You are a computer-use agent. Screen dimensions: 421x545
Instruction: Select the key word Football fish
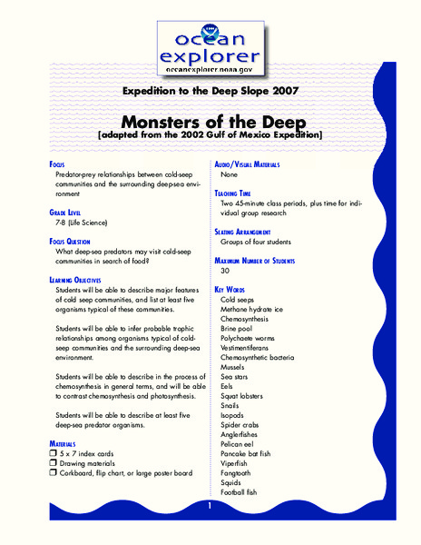tap(240, 492)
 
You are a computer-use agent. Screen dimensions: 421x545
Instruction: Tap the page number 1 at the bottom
tap(210, 505)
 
